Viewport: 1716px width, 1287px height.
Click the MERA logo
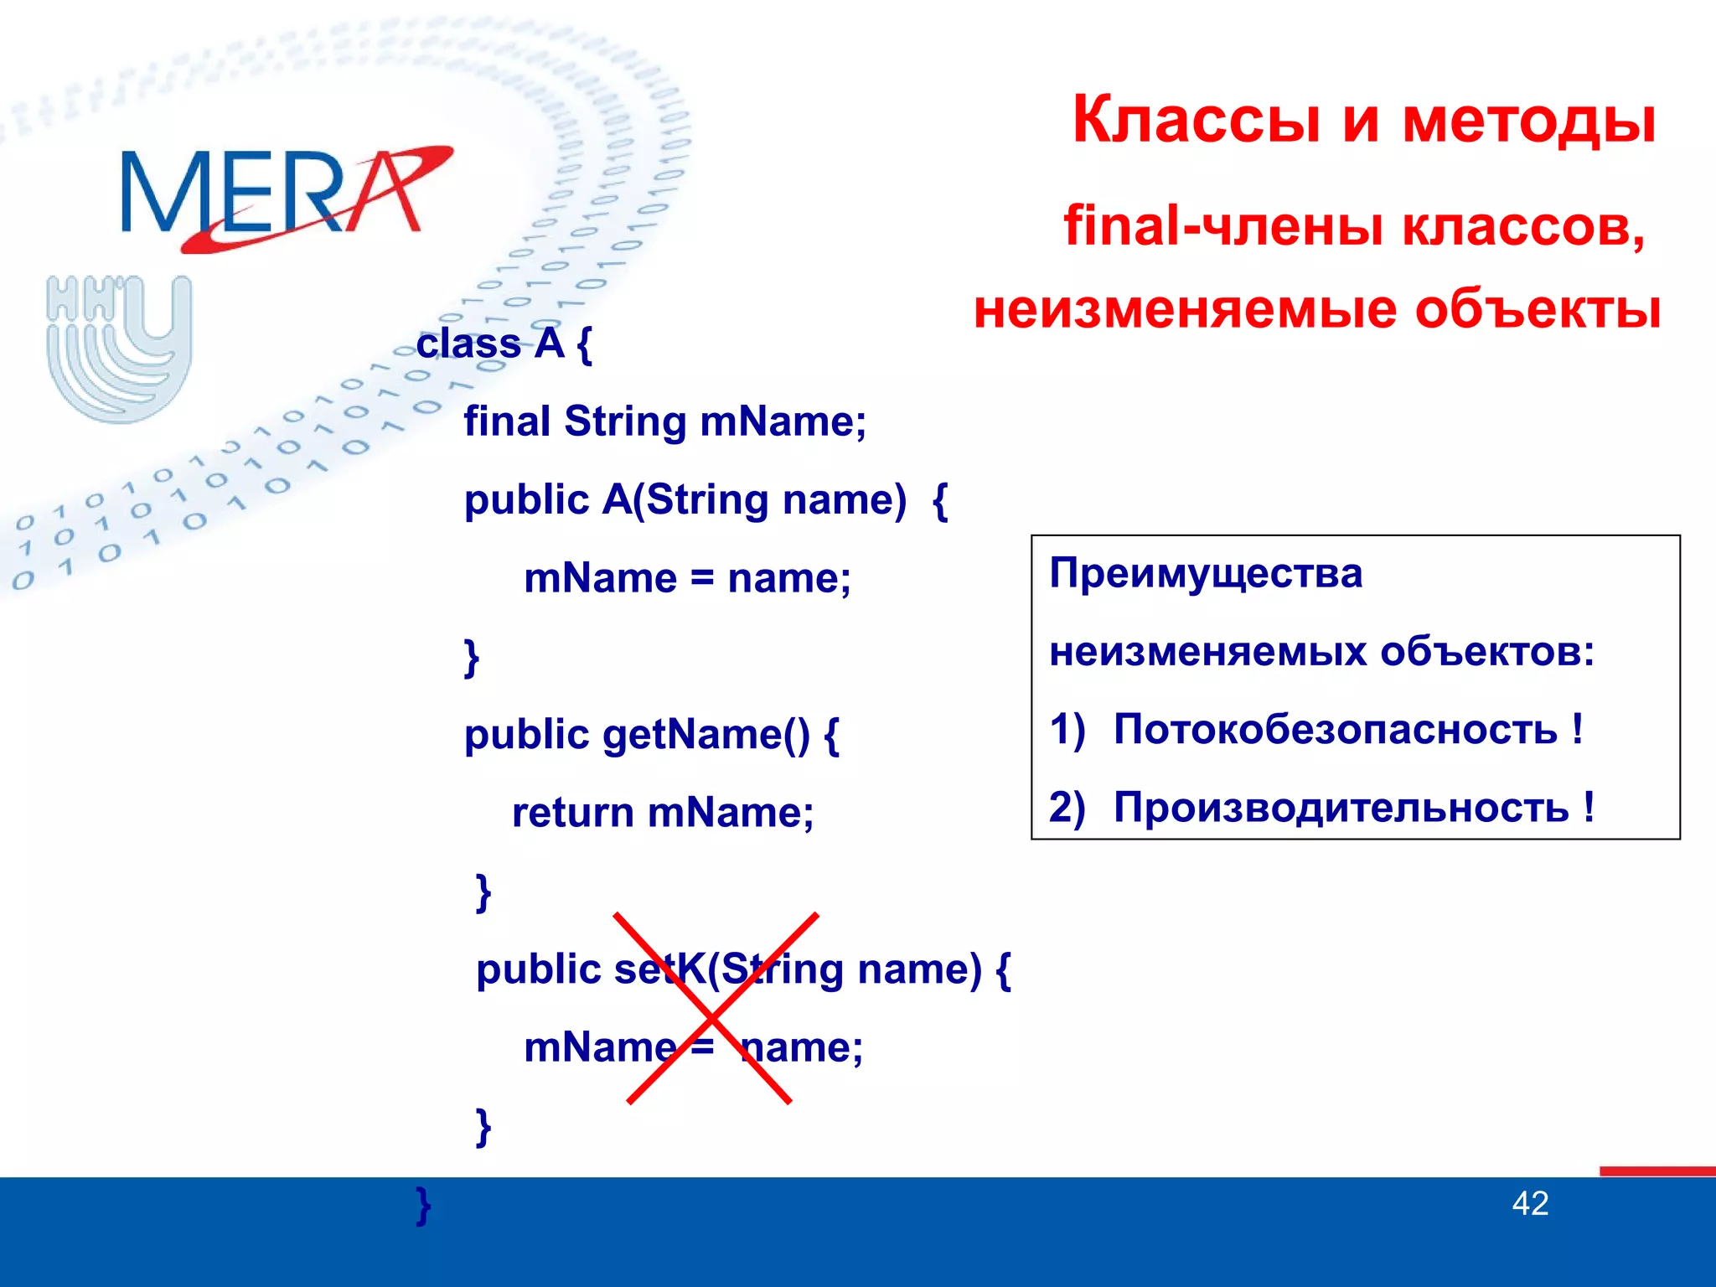click(285, 197)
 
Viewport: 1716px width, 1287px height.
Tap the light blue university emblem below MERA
click(119, 348)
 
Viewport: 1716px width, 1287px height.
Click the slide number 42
click(1530, 1204)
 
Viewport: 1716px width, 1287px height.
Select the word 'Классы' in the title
click(1199, 120)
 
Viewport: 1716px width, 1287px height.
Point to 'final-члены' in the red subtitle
click(1224, 226)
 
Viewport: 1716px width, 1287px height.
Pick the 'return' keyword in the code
click(572, 813)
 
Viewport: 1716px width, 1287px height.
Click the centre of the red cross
click(711, 1013)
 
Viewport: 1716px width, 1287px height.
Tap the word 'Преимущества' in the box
click(1206, 575)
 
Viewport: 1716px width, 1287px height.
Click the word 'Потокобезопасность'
click(1335, 729)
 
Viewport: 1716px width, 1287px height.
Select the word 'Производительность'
click(1341, 808)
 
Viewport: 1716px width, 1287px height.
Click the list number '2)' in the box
click(1067, 808)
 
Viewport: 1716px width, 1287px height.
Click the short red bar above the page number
click(1657, 1171)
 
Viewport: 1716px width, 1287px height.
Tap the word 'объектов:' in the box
click(1487, 652)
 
